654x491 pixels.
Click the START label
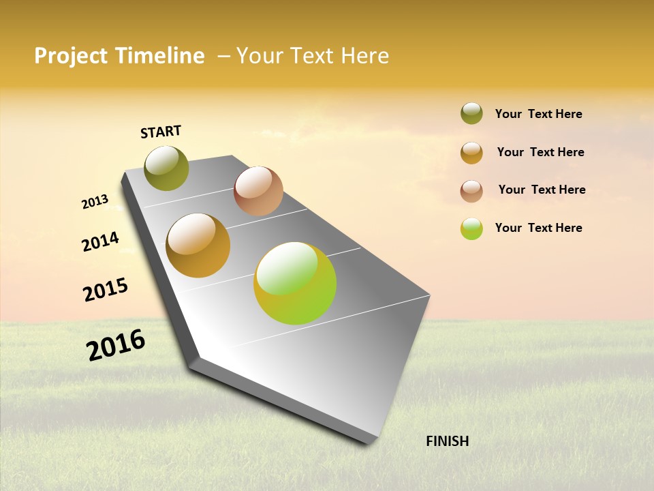[161, 132]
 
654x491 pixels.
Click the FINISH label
[447, 441]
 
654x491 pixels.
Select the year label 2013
[95, 202]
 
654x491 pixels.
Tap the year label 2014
[100, 241]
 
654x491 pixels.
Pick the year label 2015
[106, 290]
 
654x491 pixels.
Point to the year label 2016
[116, 345]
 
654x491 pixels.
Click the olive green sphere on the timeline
[167, 168]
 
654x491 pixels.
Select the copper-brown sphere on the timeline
[258, 191]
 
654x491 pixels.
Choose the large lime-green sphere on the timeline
[295, 283]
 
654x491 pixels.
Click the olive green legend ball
[471, 114]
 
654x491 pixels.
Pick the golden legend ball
[471, 153]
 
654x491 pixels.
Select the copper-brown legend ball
[471, 191]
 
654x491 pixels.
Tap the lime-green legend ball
[471, 228]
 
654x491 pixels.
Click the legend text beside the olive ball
[538, 115]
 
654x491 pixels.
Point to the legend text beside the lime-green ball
[538, 228]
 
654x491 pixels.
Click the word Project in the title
[70, 56]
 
